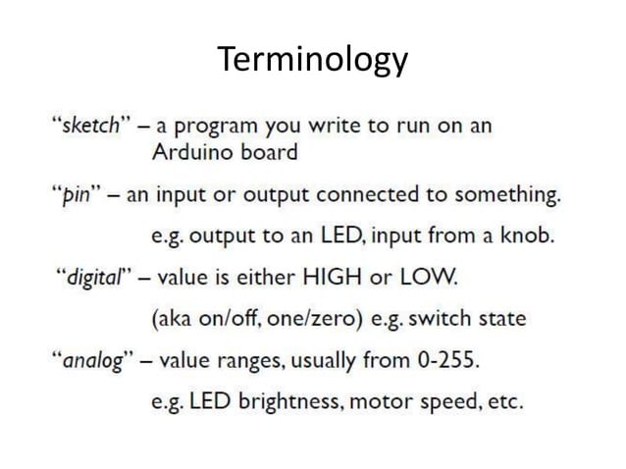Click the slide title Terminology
coord(312,60)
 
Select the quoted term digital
coord(97,278)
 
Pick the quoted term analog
coord(98,360)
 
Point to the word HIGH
coord(336,278)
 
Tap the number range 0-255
coord(444,360)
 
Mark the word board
coord(268,153)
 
